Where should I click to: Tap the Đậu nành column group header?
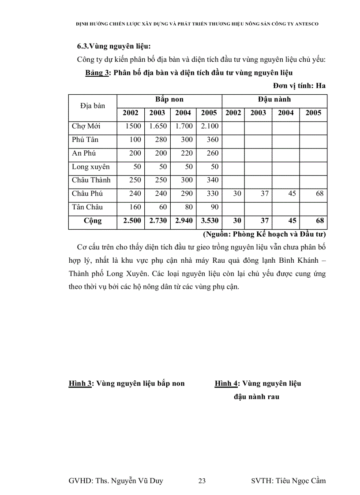tap(274, 100)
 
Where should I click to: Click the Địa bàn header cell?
tap(93, 106)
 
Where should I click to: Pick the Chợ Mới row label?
tap(86, 127)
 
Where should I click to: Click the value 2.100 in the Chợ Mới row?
tap(209, 127)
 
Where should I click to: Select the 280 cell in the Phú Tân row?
tap(157, 140)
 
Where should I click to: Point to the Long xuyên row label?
tap(91, 167)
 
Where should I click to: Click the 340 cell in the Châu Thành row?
tap(209, 180)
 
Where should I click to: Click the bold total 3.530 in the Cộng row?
tap(209, 221)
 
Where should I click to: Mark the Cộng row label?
tap(93, 221)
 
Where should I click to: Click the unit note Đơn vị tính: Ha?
tap(299, 86)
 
